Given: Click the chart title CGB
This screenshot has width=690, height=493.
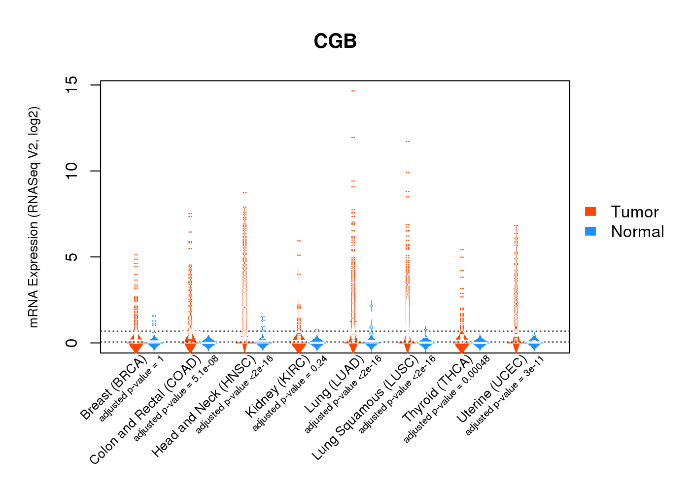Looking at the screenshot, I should point(335,41).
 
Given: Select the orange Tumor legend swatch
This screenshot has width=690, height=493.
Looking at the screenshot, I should point(590,211).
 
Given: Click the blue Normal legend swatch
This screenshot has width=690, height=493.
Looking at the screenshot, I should point(590,231).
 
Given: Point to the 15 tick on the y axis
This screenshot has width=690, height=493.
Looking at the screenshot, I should point(72,85).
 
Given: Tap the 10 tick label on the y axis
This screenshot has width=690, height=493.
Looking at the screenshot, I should point(72,171).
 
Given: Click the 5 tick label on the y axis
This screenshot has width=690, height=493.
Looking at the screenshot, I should point(72,257).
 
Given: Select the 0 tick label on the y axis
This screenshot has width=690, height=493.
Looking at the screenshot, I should point(72,343).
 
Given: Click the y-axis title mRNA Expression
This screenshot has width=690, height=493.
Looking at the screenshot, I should point(34,217).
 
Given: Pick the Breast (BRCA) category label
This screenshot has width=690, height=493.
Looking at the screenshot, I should point(113,388).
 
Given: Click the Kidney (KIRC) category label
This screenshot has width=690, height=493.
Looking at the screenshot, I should point(277,386).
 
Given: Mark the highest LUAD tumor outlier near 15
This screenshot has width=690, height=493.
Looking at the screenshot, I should point(353,91).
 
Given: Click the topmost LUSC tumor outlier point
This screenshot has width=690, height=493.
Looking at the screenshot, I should point(408,141).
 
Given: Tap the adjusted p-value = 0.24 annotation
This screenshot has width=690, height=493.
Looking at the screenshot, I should point(290,393).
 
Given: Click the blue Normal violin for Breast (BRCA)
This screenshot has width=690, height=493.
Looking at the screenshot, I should point(154,342).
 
